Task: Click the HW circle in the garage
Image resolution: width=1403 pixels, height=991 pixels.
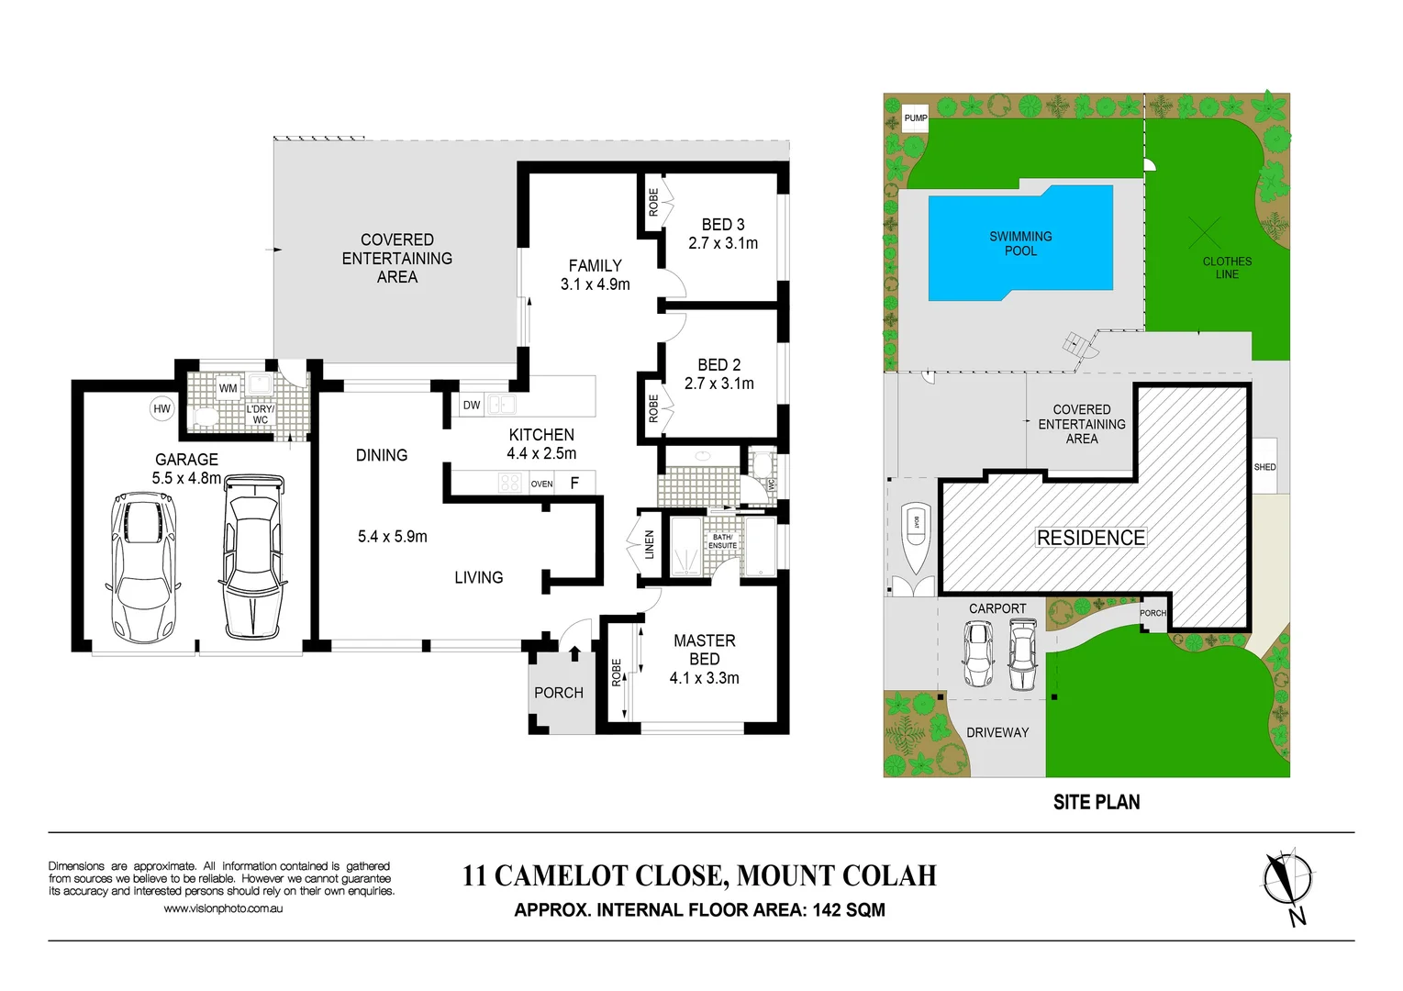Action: (161, 409)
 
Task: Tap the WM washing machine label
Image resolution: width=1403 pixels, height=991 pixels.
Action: (228, 388)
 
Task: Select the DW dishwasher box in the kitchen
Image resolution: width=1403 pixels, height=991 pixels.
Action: (472, 405)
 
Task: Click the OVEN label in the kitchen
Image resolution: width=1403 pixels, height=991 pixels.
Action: (541, 484)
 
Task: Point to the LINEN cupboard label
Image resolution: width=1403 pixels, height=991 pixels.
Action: (649, 544)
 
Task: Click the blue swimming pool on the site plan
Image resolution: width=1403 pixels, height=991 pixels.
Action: (1020, 243)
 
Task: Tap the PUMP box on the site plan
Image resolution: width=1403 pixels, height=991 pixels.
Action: (915, 118)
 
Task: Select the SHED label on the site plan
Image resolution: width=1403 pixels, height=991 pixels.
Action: (1264, 467)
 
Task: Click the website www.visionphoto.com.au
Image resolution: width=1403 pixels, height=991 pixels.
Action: (223, 908)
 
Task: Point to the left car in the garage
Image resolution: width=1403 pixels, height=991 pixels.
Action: (143, 567)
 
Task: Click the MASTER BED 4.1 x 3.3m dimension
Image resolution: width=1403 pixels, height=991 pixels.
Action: (704, 678)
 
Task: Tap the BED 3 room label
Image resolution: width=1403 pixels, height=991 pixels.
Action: (723, 225)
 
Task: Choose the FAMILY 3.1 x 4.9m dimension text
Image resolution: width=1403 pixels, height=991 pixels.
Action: (595, 284)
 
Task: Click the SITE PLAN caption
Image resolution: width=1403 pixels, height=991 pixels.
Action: (1096, 802)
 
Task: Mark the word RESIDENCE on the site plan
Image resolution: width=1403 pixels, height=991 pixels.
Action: (1090, 538)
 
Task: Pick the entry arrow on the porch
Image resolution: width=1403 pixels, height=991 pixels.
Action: (574, 653)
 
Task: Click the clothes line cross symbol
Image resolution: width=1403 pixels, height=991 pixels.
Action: (1205, 233)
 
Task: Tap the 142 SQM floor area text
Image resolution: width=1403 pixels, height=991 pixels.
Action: (848, 910)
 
